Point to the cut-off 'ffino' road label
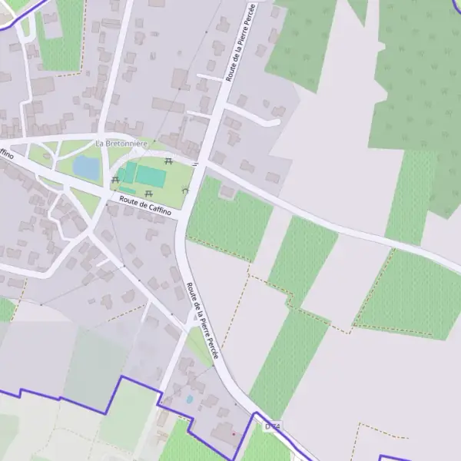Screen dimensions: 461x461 pos(7,154)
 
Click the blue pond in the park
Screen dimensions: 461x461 pos(85,166)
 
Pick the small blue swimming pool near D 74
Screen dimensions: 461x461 pos(189,400)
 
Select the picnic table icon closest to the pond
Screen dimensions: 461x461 pos(115,180)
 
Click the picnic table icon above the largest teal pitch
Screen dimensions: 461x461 pos(167,161)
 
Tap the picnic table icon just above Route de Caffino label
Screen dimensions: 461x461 pos(148,193)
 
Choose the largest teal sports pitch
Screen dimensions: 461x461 pos(151,177)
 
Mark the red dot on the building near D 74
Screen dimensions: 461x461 pos(234,434)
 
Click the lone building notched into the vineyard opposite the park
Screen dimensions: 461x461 pos(227,191)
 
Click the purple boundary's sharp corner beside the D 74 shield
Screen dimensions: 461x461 pos(254,414)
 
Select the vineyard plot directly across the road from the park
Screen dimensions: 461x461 pos(229,219)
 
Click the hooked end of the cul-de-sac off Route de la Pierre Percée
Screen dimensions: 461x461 pos(275,121)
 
